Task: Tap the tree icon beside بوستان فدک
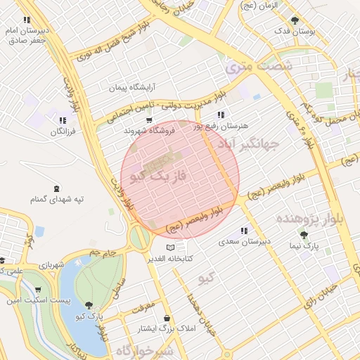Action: click(x=294, y=20)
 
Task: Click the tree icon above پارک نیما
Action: click(x=304, y=235)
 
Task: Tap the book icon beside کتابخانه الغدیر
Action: click(x=171, y=248)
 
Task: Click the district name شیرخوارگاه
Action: click(x=144, y=349)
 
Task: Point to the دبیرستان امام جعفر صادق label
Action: click(x=26, y=35)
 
